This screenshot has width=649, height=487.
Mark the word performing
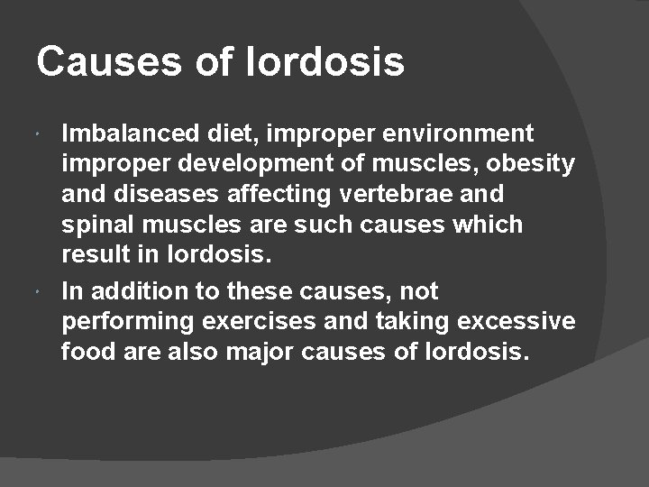point(132,322)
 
